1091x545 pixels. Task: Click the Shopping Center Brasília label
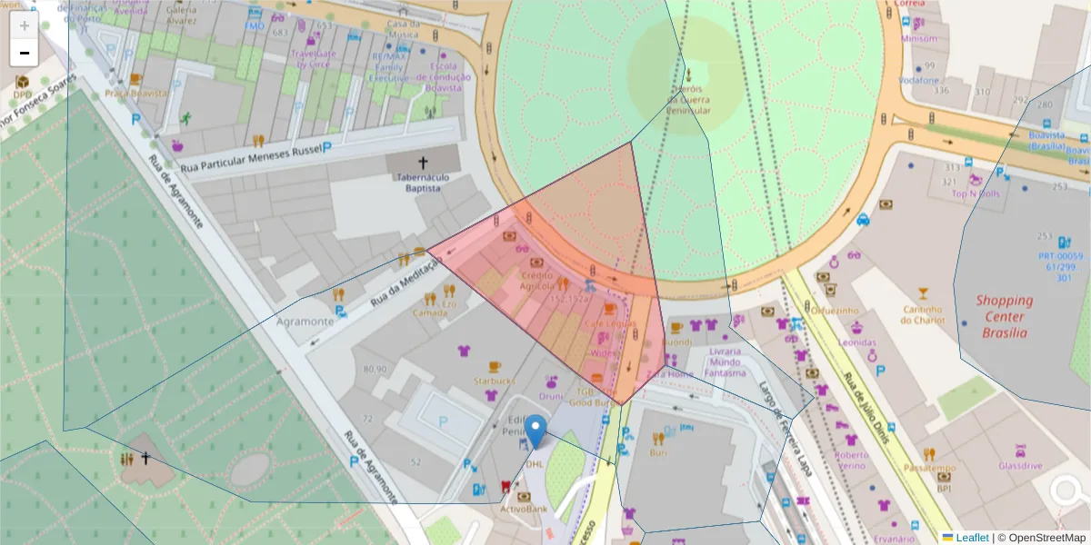(x=1005, y=316)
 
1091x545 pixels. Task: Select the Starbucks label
(x=494, y=381)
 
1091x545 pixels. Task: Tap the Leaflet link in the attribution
(x=971, y=538)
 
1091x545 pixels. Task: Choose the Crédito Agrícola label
(x=536, y=281)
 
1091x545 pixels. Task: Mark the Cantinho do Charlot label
(x=924, y=314)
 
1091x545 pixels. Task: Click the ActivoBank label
(x=524, y=510)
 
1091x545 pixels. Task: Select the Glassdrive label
(x=1020, y=465)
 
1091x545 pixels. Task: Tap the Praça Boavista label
(x=136, y=94)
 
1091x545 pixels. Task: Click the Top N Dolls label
(x=976, y=193)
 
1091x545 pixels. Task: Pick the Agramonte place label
(x=305, y=322)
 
